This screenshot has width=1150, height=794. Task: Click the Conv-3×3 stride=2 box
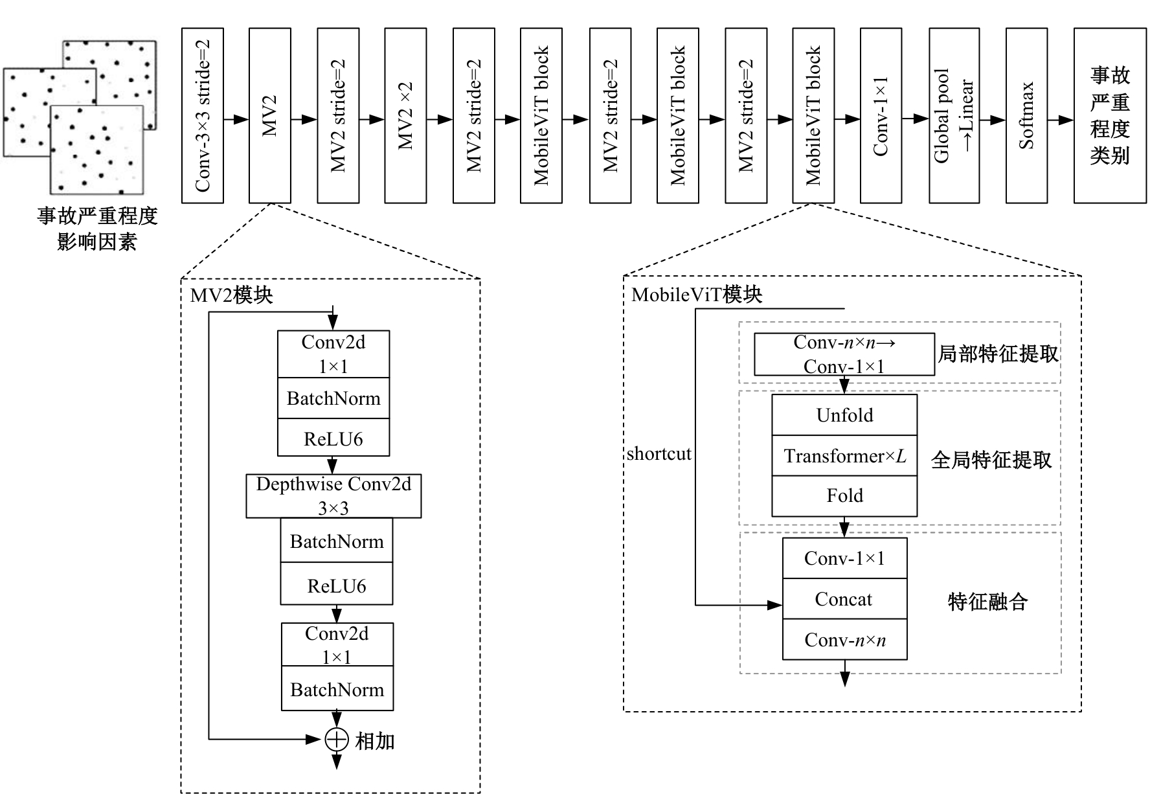coord(203,115)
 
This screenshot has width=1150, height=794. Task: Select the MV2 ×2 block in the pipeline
coord(405,115)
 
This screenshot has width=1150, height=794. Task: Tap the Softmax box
coord(1026,115)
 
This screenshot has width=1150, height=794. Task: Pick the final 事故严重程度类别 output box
coord(1110,115)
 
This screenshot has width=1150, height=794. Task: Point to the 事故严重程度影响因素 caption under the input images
coord(97,229)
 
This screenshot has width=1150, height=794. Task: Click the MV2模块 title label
coord(231,295)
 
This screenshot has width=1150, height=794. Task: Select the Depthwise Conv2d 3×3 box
coord(333,496)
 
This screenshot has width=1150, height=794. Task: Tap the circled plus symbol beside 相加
coord(337,739)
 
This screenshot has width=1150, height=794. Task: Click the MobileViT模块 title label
coord(697,295)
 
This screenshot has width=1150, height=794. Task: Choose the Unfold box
coord(844,415)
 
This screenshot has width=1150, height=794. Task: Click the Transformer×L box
coord(844,456)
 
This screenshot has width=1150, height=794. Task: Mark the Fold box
coord(844,496)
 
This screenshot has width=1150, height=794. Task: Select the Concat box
coord(844,599)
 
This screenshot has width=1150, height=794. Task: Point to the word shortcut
coord(659,453)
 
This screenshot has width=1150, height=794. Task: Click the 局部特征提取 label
coord(998,354)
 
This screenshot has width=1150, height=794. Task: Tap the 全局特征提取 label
coord(991,460)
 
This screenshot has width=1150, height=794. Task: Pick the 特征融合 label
coord(987,602)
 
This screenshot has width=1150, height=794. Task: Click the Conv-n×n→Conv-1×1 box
coord(844,354)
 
